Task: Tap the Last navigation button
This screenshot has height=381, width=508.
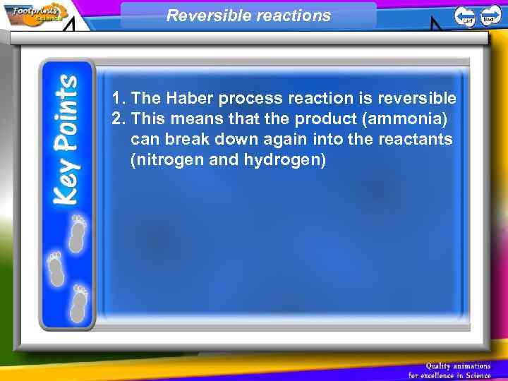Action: click(464, 16)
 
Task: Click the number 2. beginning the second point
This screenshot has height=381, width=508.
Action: click(119, 119)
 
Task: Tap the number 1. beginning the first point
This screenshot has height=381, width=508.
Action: click(119, 97)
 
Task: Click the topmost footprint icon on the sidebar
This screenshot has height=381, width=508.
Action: click(78, 233)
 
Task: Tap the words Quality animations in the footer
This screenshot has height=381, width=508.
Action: click(458, 365)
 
